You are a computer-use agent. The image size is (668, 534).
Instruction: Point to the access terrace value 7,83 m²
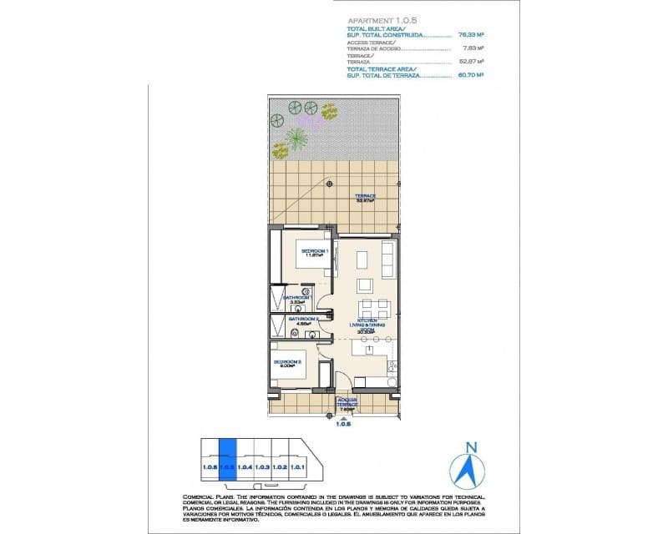coord(474,48)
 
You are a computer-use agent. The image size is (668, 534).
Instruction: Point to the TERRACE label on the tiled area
coord(365,197)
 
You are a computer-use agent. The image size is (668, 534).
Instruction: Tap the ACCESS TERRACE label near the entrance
coord(347,403)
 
